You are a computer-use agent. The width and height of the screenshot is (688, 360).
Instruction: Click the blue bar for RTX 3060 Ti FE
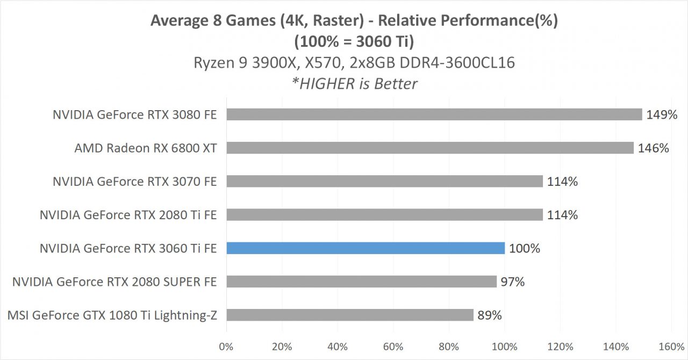(x=365, y=248)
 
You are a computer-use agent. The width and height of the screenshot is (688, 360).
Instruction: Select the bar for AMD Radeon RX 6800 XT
(x=430, y=148)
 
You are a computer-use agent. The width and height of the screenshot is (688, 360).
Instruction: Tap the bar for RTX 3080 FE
(x=434, y=114)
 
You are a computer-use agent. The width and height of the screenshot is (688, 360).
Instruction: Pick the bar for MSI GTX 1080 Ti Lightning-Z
(x=350, y=315)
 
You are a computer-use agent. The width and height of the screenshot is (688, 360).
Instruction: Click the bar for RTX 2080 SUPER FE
(x=361, y=282)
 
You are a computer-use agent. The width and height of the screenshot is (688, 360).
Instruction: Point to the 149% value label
(x=662, y=114)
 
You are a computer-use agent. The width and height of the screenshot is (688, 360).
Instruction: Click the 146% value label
(x=653, y=148)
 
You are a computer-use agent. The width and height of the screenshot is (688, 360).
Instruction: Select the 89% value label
(x=490, y=315)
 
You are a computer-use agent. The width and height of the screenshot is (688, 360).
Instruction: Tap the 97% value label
(x=512, y=282)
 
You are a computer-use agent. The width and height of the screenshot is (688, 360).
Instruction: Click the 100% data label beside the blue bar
(x=525, y=248)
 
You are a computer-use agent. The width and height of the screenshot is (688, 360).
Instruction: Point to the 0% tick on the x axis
(x=226, y=347)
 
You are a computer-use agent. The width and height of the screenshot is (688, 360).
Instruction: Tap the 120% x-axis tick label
(x=560, y=347)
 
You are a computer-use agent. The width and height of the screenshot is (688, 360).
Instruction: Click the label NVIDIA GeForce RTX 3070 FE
(x=134, y=182)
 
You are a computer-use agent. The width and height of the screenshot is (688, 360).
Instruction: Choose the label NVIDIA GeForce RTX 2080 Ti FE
(x=128, y=215)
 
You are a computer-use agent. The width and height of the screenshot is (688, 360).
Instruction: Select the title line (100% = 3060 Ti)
(x=354, y=41)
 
